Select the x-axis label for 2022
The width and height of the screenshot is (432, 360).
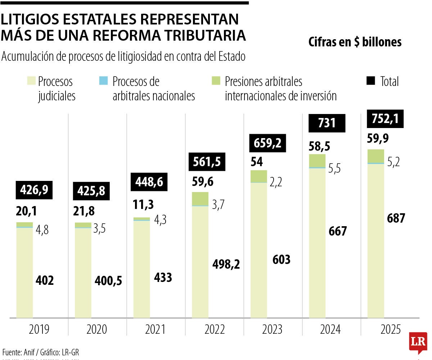pos(214,329)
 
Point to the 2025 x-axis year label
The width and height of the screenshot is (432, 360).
pos(390,329)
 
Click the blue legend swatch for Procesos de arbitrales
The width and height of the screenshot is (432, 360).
pos(103,81)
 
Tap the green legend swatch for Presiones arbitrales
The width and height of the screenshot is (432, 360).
pos(215,81)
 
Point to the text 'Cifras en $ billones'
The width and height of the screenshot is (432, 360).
pos(355,42)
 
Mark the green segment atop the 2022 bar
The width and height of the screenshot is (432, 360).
pos(200,199)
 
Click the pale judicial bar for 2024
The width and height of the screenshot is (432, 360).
pos(317,243)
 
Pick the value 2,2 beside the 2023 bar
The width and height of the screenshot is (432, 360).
pos(275,182)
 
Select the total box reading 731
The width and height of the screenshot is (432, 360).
pos(327,123)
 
